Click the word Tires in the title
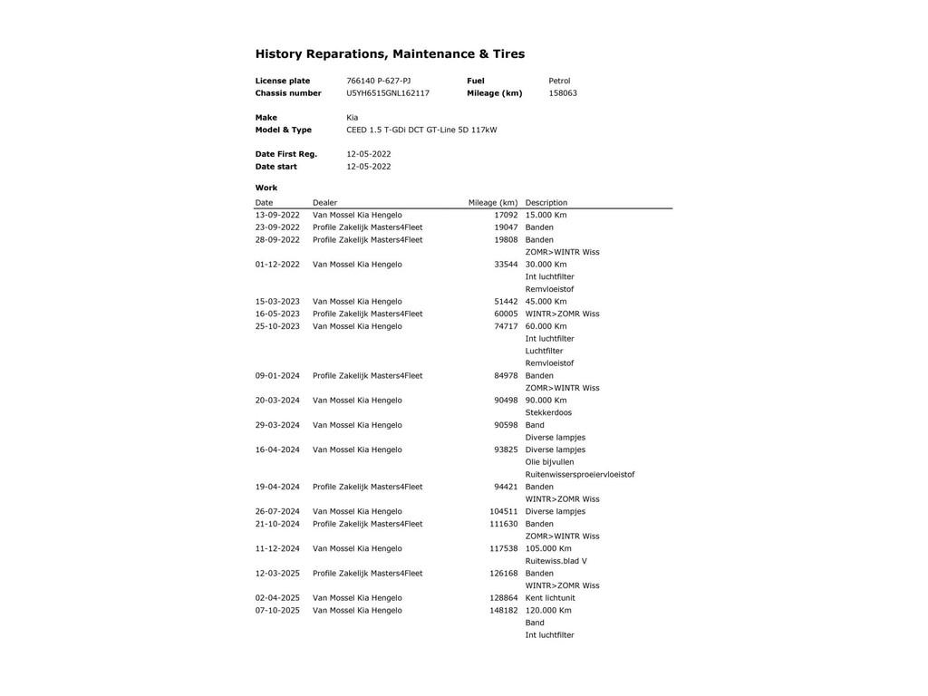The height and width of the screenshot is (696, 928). click(x=508, y=54)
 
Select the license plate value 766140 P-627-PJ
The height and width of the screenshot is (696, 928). click(x=378, y=81)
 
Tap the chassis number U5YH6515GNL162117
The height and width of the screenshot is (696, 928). click(x=388, y=93)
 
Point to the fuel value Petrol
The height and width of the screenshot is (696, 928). click(x=559, y=81)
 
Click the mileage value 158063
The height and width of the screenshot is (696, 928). click(x=563, y=93)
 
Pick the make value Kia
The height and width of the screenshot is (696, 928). click(x=352, y=118)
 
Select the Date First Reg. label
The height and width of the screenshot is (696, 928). click(x=285, y=154)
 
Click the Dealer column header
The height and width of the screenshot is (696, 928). click(x=324, y=203)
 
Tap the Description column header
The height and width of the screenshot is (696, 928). click(x=546, y=203)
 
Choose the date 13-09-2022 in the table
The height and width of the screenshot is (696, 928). click(x=277, y=216)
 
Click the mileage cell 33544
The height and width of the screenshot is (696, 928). click(x=506, y=265)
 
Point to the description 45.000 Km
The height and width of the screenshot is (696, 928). click(x=546, y=302)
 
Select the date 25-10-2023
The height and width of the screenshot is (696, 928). click(x=277, y=326)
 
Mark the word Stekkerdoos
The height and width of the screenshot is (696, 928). click(x=548, y=413)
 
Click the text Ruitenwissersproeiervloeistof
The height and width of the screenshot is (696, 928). click(x=580, y=475)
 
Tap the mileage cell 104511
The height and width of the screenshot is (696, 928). click(x=504, y=512)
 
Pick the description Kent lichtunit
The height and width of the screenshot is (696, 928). click(x=550, y=598)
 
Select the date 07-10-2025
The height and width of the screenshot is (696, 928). click(x=277, y=611)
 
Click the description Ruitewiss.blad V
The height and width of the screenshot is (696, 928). click(x=556, y=561)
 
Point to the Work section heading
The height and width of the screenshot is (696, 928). click(x=266, y=188)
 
